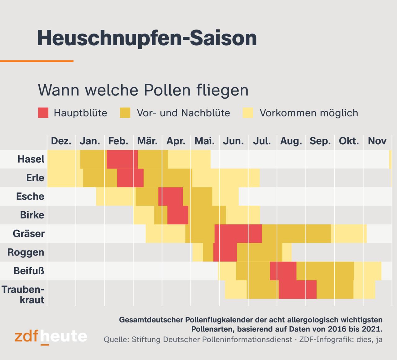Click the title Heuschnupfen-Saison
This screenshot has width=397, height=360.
pos(147,38)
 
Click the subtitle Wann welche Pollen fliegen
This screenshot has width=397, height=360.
pos(143,90)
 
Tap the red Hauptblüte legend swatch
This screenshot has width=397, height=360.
pos(43,113)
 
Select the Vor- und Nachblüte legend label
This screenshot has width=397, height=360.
pos(183,113)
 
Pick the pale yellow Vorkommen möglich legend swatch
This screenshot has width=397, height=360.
pos(248,113)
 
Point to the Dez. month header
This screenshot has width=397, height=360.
pos(61,141)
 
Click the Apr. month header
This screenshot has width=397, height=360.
pos(176,141)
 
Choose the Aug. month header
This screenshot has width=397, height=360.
pos(291,141)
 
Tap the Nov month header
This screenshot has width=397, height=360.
pos(377,141)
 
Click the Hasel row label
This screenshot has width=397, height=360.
pos(31,159)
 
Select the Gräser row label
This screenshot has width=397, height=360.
pos(29,234)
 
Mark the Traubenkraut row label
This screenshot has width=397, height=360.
pos(23,295)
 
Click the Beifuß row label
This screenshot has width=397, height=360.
pos(29,271)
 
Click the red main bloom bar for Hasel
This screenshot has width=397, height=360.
pos(122,159)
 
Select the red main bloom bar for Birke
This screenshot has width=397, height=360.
pos(178,215)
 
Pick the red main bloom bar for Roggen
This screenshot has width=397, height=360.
pos(225,252)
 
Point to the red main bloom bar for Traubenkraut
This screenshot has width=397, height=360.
pos(297,290)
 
